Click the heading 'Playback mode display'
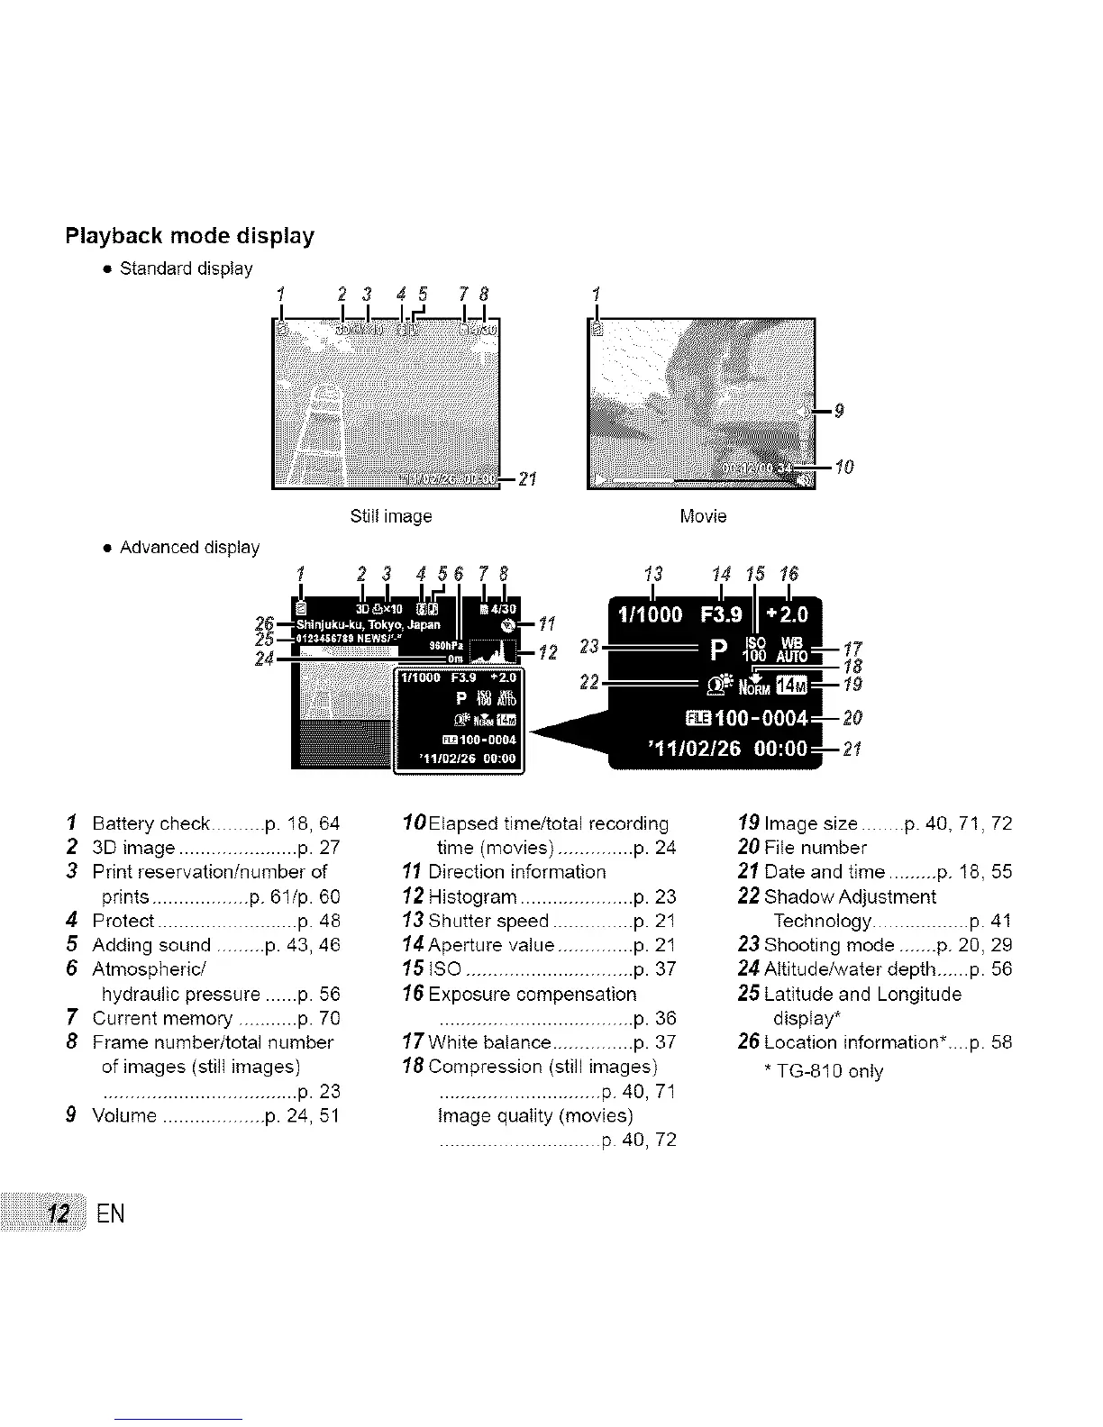click(x=190, y=237)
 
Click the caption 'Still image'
click(x=390, y=517)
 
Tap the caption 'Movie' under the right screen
click(x=703, y=517)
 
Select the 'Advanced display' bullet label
click(x=189, y=548)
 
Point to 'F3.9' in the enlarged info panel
click(x=722, y=614)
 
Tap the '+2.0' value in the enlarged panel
click(x=787, y=614)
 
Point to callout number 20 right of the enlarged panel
click(x=852, y=718)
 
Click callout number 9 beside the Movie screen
click(x=839, y=412)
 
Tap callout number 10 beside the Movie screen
click(x=843, y=467)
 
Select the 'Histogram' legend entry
click(x=473, y=897)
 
